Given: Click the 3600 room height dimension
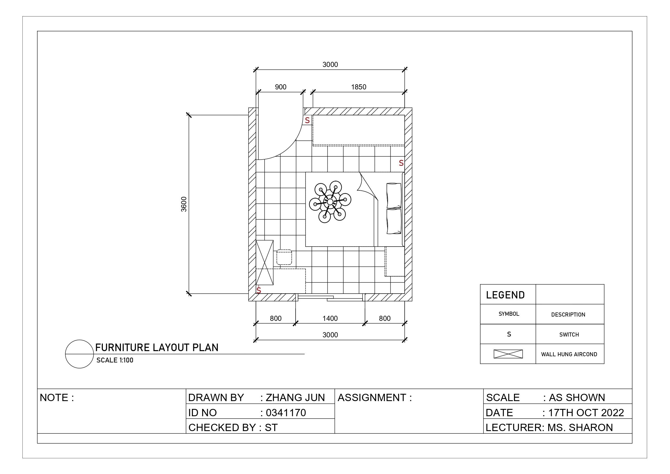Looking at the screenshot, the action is (x=184, y=204).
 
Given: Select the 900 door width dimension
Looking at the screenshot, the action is (x=281, y=87).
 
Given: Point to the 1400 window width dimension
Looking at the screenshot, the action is (x=330, y=318).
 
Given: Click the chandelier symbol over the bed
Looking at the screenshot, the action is (x=330, y=202).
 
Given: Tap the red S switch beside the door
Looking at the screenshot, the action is (x=307, y=120).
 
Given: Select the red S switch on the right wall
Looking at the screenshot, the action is (x=401, y=163).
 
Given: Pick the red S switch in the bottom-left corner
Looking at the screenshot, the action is (x=259, y=290).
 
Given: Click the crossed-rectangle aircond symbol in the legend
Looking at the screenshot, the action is (x=508, y=354).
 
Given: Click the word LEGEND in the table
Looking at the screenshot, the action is (x=505, y=295).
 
